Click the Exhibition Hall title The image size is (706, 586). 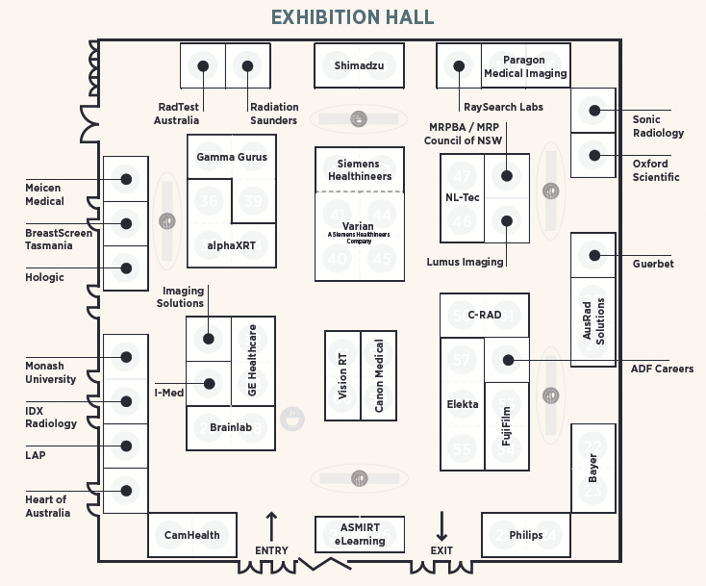352,17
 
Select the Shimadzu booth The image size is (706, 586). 357,65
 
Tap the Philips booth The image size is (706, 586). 526,535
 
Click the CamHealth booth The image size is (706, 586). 191,535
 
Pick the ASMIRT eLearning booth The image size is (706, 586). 359,534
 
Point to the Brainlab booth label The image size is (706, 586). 231,424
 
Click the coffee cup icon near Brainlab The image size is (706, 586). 292,418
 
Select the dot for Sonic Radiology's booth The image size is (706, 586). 594,111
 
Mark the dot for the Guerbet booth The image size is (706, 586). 594,255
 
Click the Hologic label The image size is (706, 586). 45,277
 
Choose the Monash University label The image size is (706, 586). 50,372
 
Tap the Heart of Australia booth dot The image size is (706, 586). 126,491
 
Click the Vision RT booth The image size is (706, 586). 342,375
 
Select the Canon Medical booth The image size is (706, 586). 379,375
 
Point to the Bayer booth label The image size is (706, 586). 593,468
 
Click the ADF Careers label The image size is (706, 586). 662,369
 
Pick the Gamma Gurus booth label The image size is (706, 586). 232,157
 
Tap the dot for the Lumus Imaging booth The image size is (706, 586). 506,220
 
